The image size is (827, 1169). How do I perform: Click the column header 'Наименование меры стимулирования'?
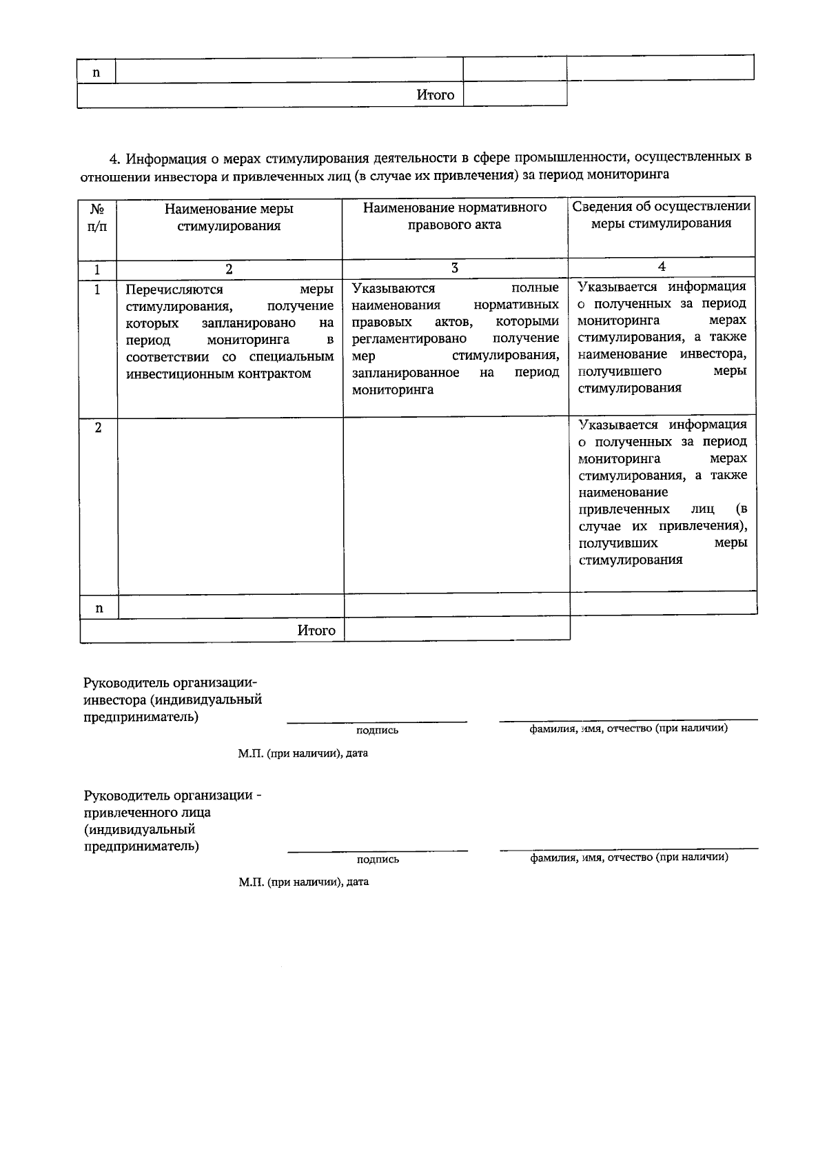pos(229,217)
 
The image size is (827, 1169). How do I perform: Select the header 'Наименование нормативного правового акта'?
pos(455,216)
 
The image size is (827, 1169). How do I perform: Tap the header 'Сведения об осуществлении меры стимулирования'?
pos(662,214)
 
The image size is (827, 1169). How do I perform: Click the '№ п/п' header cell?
pos(98,217)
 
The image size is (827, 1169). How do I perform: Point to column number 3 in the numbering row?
pos(455,268)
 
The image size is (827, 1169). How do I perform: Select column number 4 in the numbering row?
pos(662,267)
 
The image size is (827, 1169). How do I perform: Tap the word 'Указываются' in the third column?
pos(393,288)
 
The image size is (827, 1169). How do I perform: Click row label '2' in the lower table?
pos(98,428)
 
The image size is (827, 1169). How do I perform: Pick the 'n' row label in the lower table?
pos(99,608)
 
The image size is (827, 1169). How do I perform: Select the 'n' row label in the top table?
pos(96,72)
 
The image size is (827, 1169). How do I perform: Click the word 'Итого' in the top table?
pos(436,95)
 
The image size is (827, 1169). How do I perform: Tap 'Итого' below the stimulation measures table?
pos(316,630)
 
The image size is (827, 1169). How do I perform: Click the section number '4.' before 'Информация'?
pos(115,158)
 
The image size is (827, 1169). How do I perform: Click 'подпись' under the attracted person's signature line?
pos(378,860)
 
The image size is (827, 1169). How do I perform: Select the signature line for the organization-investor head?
pos(377,722)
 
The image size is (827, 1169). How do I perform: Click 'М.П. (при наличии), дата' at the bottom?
pos(303,882)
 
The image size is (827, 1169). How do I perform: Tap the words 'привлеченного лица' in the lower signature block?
pos(147,812)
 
